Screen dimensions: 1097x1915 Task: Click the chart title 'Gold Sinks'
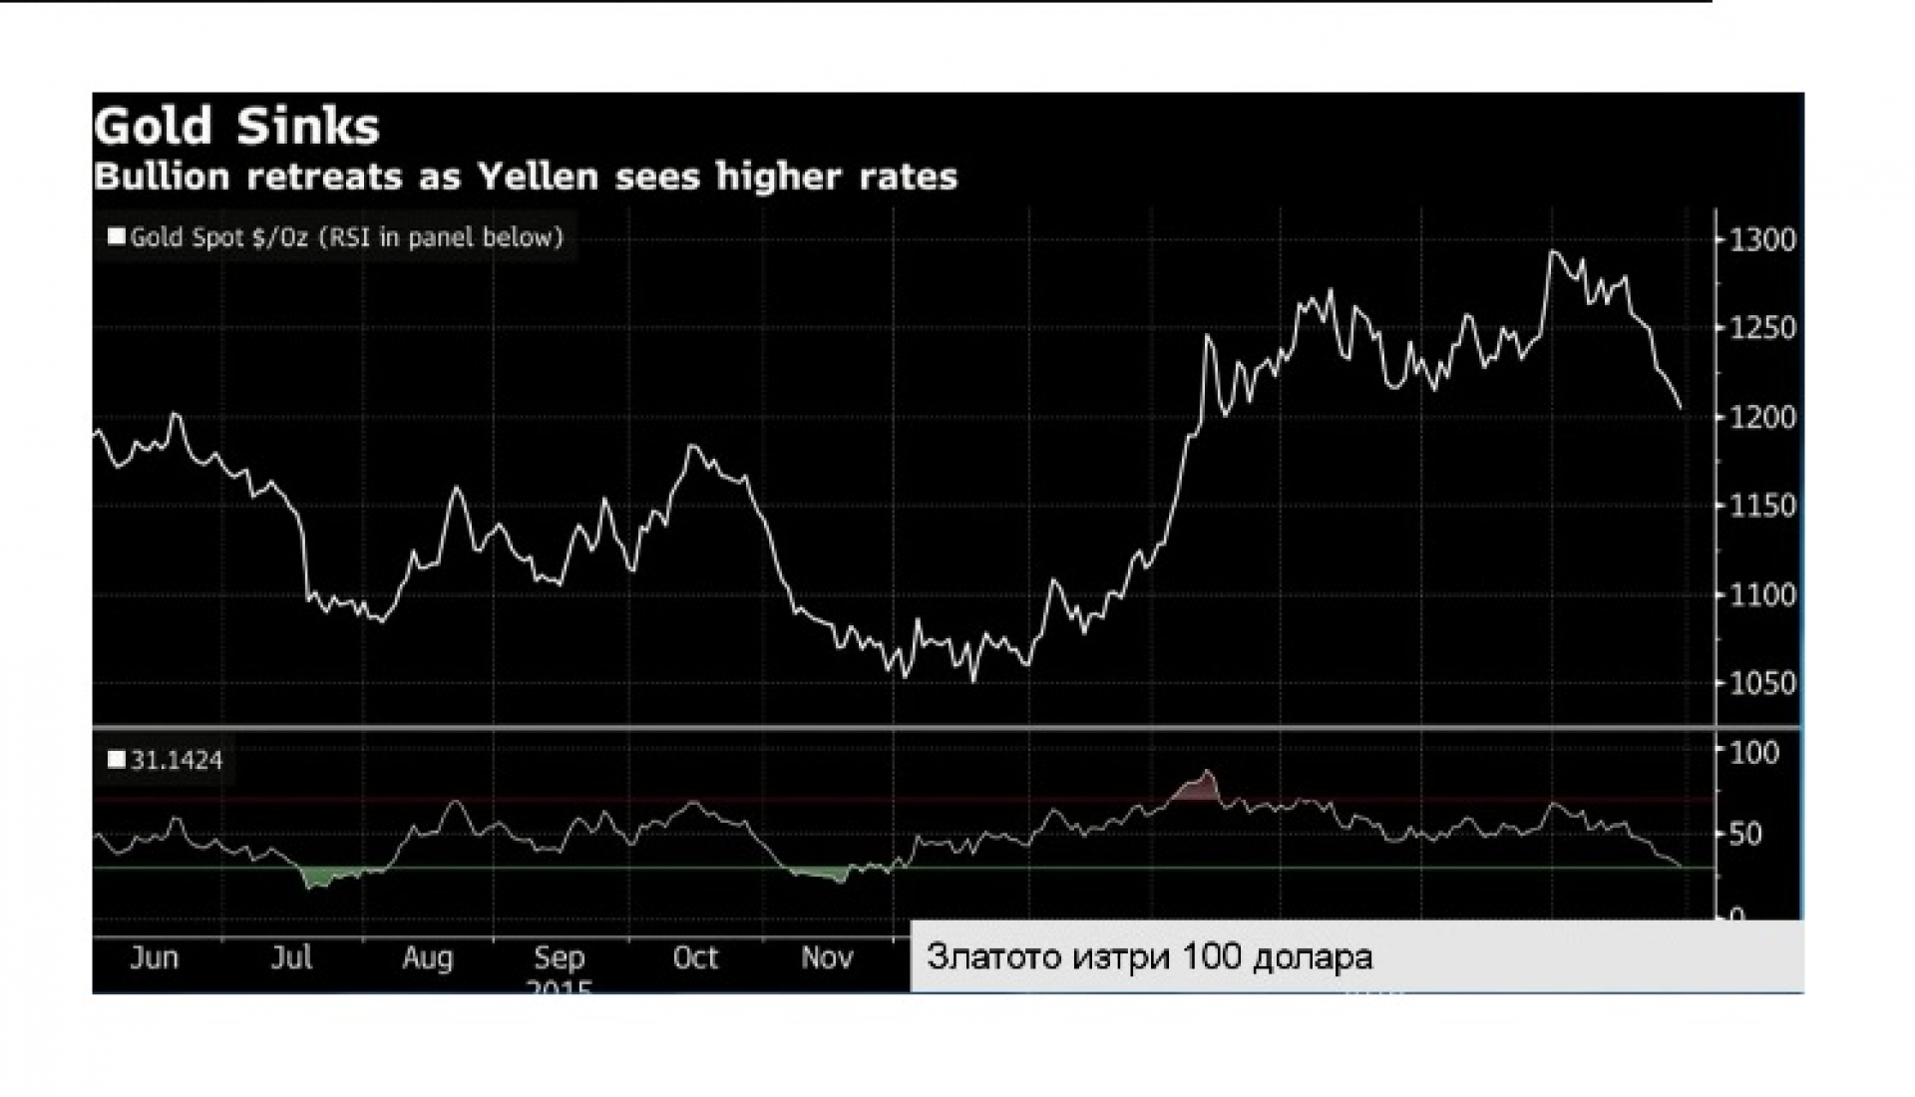(x=236, y=128)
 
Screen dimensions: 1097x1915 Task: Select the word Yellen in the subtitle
(x=538, y=177)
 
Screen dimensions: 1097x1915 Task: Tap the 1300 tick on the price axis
(x=1761, y=240)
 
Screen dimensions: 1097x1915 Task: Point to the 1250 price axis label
(x=1761, y=328)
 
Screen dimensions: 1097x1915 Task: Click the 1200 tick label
(x=1761, y=417)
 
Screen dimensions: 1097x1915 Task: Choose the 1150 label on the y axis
(x=1761, y=506)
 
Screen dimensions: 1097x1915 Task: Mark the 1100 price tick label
(x=1761, y=595)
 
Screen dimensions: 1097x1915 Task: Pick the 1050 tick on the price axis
(x=1761, y=684)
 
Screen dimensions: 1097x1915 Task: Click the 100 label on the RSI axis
(x=1753, y=753)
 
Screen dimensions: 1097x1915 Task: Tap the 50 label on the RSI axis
(x=1744, y=834)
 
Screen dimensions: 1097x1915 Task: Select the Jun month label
(x=155, y=958)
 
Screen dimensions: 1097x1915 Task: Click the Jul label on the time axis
(x=291, y=958)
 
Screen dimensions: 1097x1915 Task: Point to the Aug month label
(x=427, y=958)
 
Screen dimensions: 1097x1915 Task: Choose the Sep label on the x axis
(x=559, y=958)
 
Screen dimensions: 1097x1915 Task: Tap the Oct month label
(x=695, y=958)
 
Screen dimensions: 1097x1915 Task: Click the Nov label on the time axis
(x=827, y=958)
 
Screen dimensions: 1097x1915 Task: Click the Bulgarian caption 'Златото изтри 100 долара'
(x=1149, y=957)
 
